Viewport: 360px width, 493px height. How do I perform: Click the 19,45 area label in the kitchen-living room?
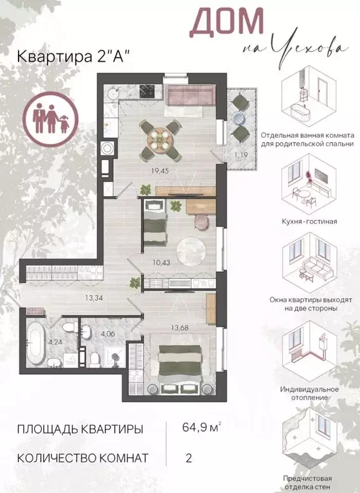(160, 171)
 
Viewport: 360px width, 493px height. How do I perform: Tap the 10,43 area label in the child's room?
(161, 262)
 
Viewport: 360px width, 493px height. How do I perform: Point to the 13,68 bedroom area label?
(180, 328)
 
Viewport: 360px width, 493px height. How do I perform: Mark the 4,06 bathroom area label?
(107, 334)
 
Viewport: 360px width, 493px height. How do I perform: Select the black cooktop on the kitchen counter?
(148, 91)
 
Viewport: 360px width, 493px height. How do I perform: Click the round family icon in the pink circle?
(51, 120)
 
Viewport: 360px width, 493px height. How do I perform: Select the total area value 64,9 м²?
(202, 427)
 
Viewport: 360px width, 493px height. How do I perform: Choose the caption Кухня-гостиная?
(309, 221)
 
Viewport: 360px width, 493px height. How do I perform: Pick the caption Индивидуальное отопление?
(309, 393)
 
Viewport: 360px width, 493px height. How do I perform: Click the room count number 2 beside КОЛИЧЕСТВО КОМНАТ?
(188, 458)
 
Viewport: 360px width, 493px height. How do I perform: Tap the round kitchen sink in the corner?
(113, 93)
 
